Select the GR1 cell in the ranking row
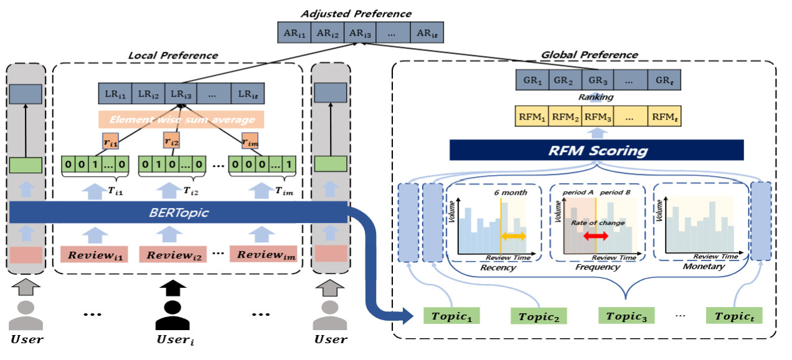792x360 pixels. point(532,81)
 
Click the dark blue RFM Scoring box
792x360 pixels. point(596,150)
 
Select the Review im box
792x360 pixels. point(263,254)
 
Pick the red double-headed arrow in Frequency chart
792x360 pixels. point(595,237)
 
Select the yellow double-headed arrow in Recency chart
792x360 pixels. point(513,237)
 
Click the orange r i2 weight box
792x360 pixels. point(172,142)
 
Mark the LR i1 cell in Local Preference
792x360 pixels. point(115,94)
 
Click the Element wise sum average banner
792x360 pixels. point(181,120)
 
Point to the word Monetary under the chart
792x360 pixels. point(704,267)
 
